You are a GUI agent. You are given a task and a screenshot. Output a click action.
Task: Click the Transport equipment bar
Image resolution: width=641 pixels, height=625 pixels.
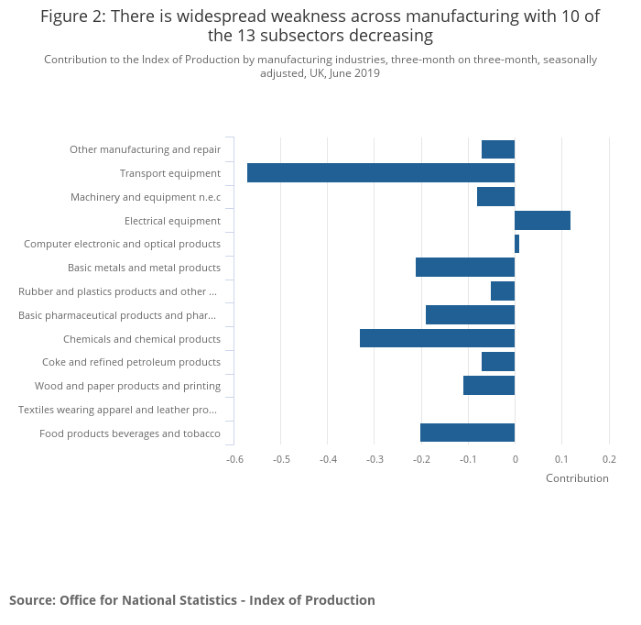pyautogui.click(x=380, y=173)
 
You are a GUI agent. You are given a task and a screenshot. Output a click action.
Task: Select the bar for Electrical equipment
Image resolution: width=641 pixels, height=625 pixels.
pyautogui.click(x=542, y=220)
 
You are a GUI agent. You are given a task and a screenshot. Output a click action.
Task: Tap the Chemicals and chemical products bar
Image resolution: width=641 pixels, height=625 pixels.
pyautogui.click(x=437, y=338)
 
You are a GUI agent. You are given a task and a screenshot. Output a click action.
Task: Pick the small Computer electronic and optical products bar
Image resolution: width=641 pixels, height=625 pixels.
pyautogui.click(x=516, y=244)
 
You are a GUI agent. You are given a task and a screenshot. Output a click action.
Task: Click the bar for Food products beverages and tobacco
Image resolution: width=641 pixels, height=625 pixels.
pyautogui.click(x=467, y=433)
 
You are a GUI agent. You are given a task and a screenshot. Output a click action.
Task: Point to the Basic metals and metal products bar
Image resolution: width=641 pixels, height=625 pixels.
pyautogui.click(x=464, y=268)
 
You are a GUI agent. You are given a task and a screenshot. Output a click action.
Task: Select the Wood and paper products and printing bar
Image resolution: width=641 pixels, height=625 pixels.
pyautogui.click(x=489, y=386)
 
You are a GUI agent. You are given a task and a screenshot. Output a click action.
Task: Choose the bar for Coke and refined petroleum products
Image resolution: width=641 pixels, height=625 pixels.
pyautogui.click(x=498, y=362)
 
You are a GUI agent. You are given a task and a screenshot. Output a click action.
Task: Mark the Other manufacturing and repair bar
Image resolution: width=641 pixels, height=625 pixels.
pyautogui.click(x=498, y=149)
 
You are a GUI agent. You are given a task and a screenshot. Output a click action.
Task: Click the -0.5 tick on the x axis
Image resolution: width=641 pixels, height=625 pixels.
pyautogui.click(x=281, y=460)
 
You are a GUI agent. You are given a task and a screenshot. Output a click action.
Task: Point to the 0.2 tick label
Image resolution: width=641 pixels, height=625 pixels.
pyautogui.click(x=609, y=460)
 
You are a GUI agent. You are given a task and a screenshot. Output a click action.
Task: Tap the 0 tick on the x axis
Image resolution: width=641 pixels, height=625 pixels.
pyautogui.click(x=515, y=460)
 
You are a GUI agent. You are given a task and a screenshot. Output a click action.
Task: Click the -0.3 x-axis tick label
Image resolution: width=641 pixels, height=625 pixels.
pyautogui.click(x=375, y=460)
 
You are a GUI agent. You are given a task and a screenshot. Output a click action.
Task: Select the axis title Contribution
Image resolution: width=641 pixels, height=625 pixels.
pyautogui.click(x=577, y=478)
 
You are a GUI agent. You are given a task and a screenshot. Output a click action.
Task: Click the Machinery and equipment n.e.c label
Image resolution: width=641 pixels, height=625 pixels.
pyautogui.click(x=146, y=197)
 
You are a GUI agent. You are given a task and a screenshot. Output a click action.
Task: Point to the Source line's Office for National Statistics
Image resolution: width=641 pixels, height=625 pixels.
pyautogui.click(x=155, y=600)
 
